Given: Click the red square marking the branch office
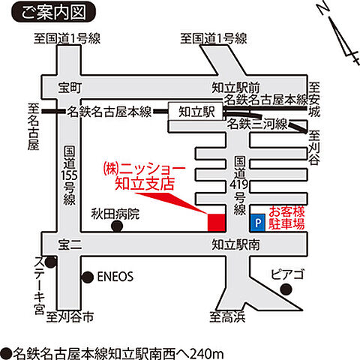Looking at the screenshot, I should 216,223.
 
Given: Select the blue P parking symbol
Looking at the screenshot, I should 256,223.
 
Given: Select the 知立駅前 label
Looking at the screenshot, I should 233,86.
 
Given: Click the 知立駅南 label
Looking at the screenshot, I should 235,243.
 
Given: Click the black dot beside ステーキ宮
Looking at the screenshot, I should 50,262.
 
